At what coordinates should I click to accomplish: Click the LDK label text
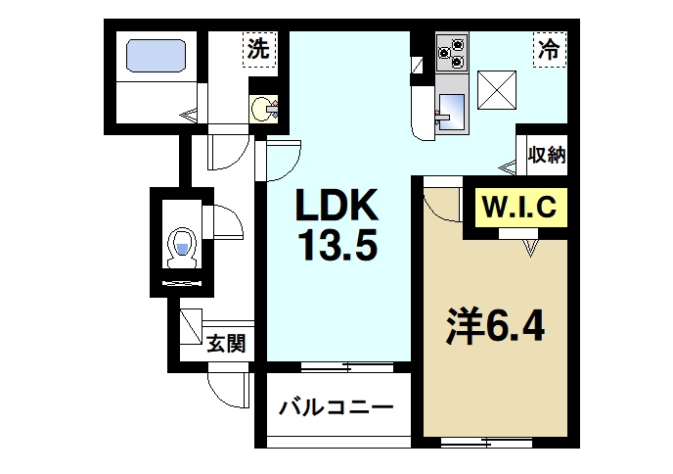click(336, 208)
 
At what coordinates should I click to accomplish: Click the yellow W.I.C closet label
click(519, 208)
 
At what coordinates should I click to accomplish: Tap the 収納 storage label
click(546, 154)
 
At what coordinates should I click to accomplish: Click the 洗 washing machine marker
click(258, 49)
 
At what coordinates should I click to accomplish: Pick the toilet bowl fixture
click(181, 246)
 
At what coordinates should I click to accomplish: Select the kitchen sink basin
click(453, 108)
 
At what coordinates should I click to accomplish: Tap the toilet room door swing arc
click(227, 221)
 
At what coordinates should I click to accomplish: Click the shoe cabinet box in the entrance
click(189, 323)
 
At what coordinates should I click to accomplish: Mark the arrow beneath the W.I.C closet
click(531, 249)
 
